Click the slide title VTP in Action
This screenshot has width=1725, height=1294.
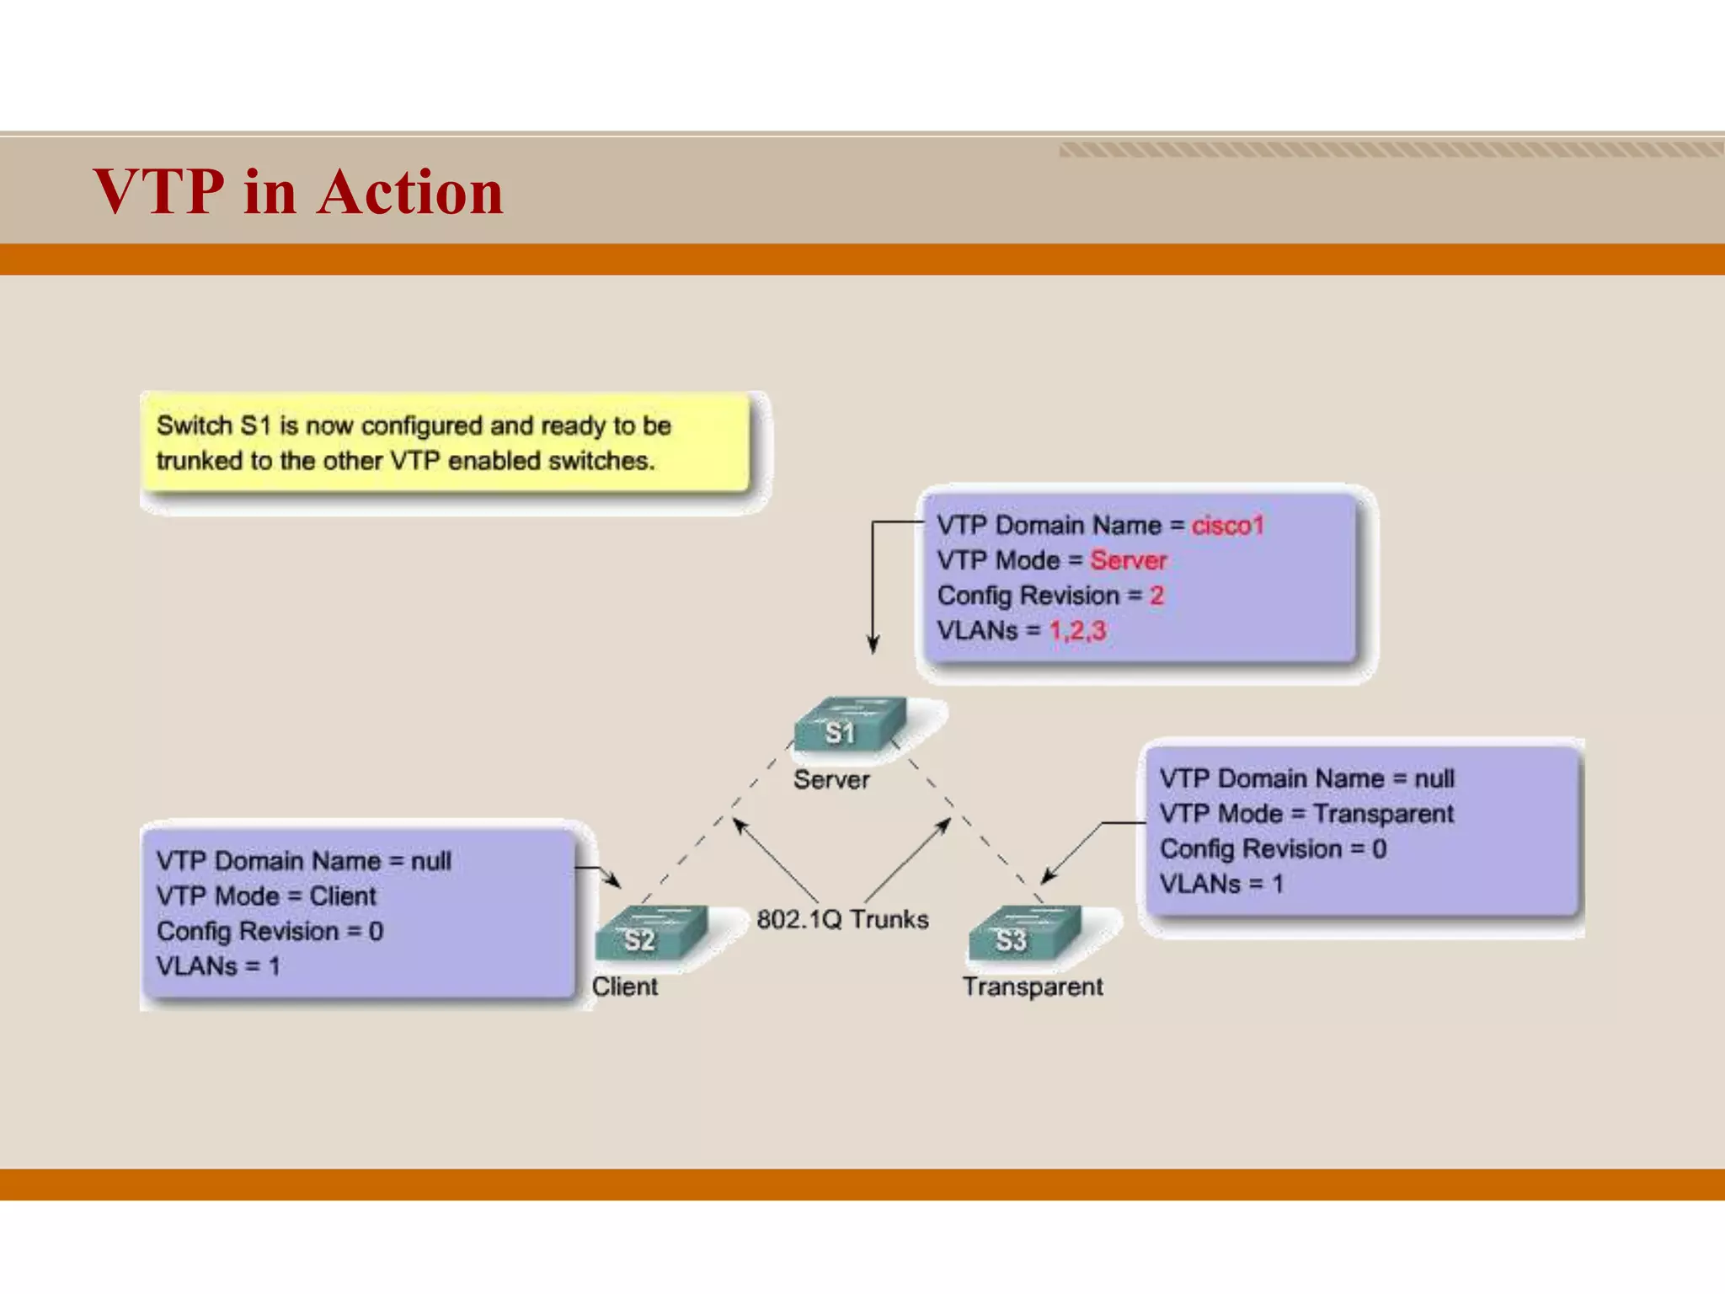[x=298, y=192]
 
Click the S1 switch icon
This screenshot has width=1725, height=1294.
[x=849, y=725]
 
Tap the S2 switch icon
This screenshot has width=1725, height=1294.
[x=649, y=933]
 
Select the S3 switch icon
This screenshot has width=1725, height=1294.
[x=1023, y=933]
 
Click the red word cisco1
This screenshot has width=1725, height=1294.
[x=1227, y=526]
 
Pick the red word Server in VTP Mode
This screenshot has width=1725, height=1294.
[x=1128, y=560]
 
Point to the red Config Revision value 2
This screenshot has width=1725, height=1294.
[x=1156, y=596]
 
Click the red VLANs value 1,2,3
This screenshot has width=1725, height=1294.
[x=1077, y=631]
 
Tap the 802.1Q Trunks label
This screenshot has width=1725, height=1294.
[x=842, y=919]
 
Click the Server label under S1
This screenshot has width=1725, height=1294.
[x=831, y=780]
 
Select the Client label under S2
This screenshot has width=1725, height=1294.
[x=624, y=987]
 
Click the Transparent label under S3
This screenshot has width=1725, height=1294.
[x=1033, y=987]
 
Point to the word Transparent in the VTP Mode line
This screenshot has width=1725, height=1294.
[x=1383, y=814]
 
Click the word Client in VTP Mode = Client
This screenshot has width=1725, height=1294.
[x=343, y=896]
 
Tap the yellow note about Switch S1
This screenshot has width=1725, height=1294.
[x=446, y=443]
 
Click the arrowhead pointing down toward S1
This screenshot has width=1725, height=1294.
[x=873, y=645]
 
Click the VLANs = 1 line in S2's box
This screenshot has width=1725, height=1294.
[x=218, y=966]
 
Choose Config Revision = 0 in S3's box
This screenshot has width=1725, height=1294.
[x=1273, y=849]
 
